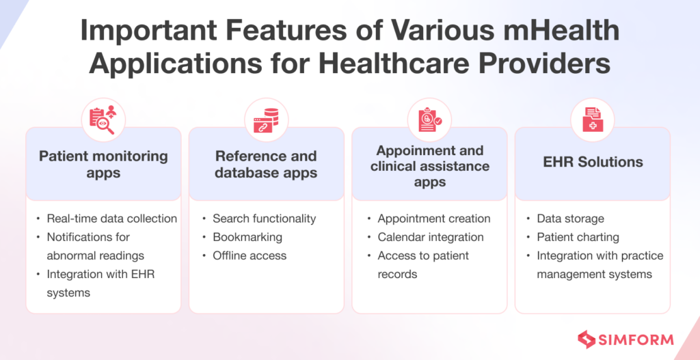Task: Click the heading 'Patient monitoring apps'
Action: (103, 164)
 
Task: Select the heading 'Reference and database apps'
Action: (266, 164)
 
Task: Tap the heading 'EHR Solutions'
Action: (592, 162)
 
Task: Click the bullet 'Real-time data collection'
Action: (111, 219)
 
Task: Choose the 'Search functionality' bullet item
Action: (264, 219)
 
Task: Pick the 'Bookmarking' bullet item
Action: (247, 237)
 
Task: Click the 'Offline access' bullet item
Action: (250, 255)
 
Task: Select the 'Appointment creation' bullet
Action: (433, 219)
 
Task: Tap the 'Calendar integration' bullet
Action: (430, 237)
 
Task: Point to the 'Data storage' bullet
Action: (570, 219)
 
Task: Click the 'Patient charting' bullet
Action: (578, 237)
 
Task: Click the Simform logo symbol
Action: (586, 339)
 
